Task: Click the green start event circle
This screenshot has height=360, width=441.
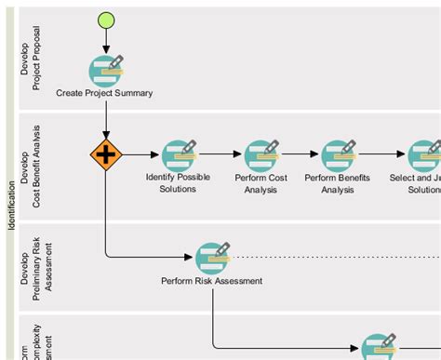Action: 106,20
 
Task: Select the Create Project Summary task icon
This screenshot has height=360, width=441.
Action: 106,70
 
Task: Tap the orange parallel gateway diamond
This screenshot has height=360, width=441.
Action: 106,154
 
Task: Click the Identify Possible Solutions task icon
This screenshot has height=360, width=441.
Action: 178,154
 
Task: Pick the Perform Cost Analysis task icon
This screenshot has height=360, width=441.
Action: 261,154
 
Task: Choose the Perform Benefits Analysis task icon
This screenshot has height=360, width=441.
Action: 338,154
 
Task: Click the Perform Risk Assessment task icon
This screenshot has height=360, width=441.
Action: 212,257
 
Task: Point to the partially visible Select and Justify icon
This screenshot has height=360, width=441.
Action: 424,154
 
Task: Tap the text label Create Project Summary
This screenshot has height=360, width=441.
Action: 104,93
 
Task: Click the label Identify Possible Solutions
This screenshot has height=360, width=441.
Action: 178,182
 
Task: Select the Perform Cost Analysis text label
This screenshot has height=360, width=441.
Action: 261,182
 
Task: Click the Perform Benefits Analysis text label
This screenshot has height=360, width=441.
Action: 338,182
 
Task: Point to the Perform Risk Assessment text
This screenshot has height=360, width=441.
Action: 211,280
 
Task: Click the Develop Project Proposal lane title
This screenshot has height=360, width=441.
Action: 31,60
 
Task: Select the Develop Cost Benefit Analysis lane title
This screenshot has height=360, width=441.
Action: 31,166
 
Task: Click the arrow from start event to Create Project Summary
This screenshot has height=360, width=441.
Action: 106,41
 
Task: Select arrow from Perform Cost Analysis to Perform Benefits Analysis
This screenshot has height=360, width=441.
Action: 299,154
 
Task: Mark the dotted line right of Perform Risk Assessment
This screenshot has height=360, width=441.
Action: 335,256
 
